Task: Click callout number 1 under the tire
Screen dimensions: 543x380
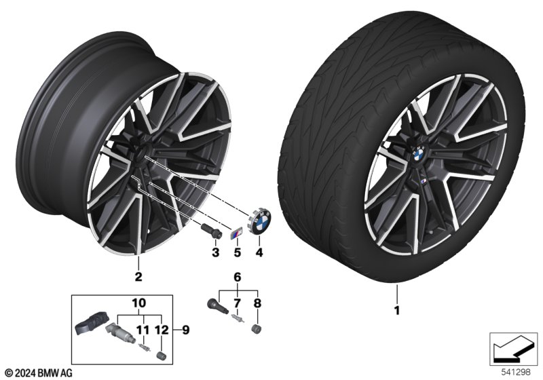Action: point(397,310)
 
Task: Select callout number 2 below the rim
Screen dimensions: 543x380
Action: point(138,277)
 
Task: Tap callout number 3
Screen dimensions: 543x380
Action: point(215,252)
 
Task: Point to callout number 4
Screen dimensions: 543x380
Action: point(259,252)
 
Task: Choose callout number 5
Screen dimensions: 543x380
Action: point(237,252)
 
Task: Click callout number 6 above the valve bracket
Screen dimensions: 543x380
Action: point(237,277)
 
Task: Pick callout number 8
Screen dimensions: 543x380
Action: point(257,303)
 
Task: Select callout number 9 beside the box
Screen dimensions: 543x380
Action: point(186,330)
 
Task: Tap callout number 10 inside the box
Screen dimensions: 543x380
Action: point(139,303)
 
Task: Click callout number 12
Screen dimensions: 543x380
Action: point(162,330)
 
